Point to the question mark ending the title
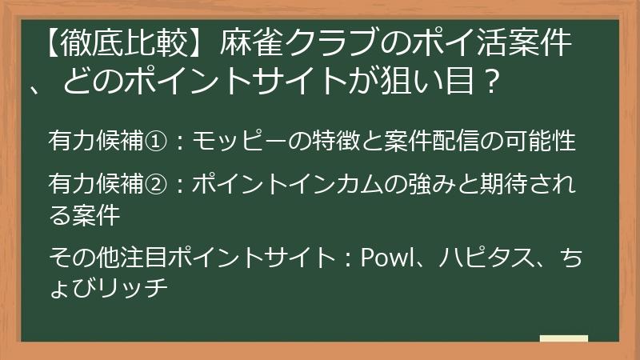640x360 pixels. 494,80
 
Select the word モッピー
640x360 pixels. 232,142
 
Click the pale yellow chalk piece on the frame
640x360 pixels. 563,339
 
